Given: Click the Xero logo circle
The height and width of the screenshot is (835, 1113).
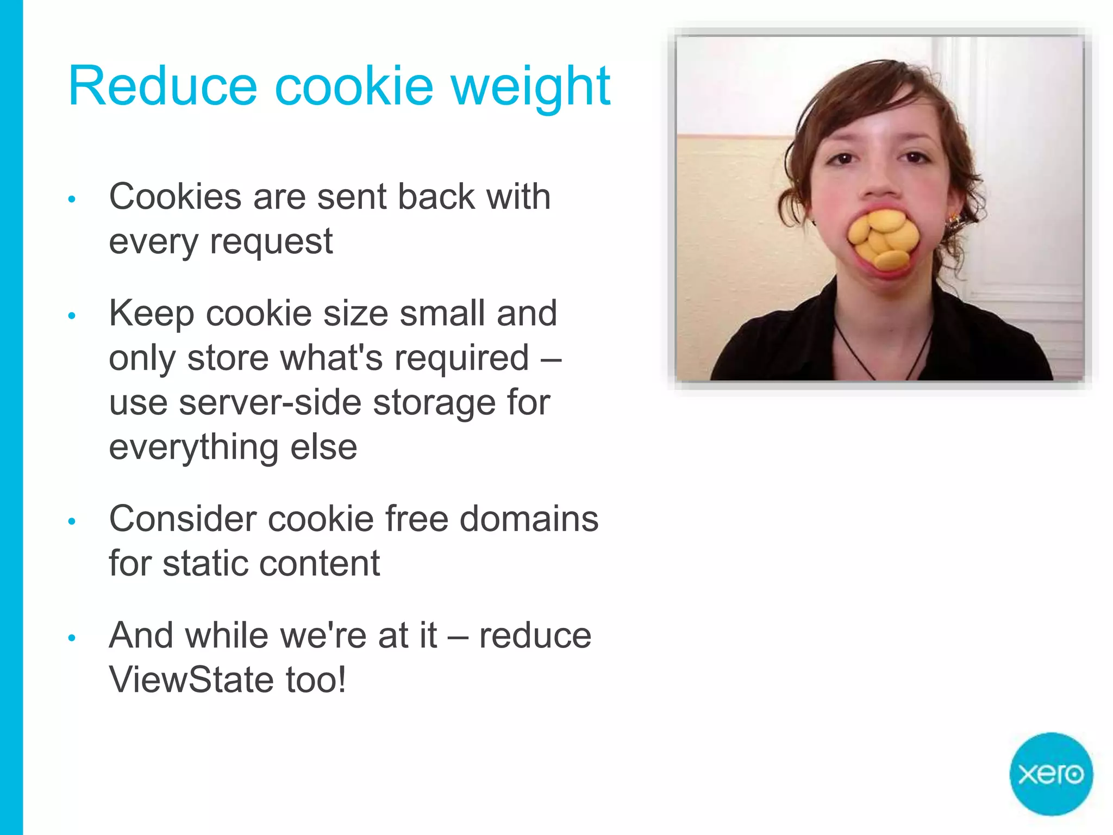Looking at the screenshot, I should (x=1051, y=774).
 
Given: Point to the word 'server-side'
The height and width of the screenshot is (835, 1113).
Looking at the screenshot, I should (x=270, y=403).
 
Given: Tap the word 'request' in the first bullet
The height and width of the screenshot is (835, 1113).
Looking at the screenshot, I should (x=271, y=242).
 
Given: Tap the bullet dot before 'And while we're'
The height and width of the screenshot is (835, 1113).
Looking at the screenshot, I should (x=72, y=638).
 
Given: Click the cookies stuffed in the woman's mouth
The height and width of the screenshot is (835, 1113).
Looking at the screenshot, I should (x=883, y=239).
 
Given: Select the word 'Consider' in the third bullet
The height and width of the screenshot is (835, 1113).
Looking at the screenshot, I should (x=183, y=519).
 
